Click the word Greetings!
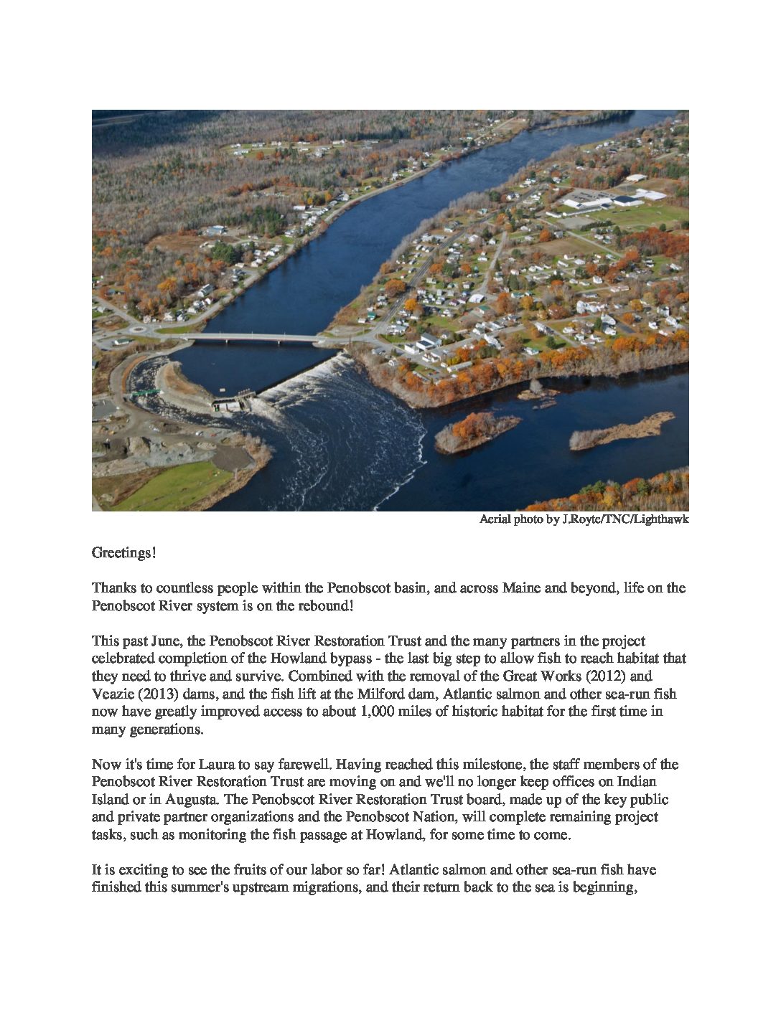(123, 553)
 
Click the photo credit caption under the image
(584, 519)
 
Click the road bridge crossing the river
(258, 337)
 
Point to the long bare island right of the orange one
(621, 430)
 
